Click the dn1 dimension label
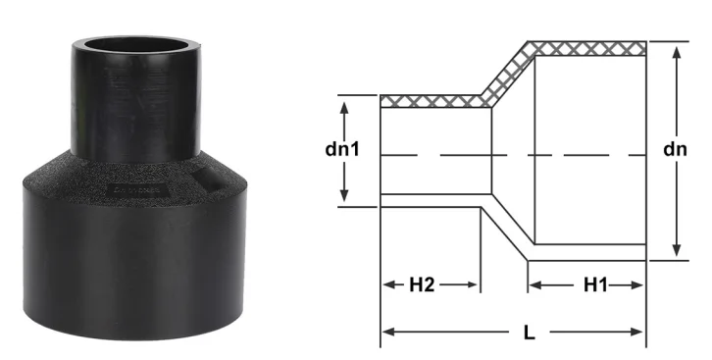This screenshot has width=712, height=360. [342, 149]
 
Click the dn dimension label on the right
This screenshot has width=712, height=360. [675, 149]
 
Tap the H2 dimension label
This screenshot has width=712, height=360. [422, 285]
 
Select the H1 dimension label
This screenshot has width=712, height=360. [595, 285]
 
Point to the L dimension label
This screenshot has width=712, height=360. [529, 333]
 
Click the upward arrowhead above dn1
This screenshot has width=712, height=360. [344, 108]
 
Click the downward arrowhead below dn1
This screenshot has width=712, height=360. [344, 194]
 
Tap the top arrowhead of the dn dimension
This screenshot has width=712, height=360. [677, 53]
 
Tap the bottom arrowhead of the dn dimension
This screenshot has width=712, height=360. [677, 250]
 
